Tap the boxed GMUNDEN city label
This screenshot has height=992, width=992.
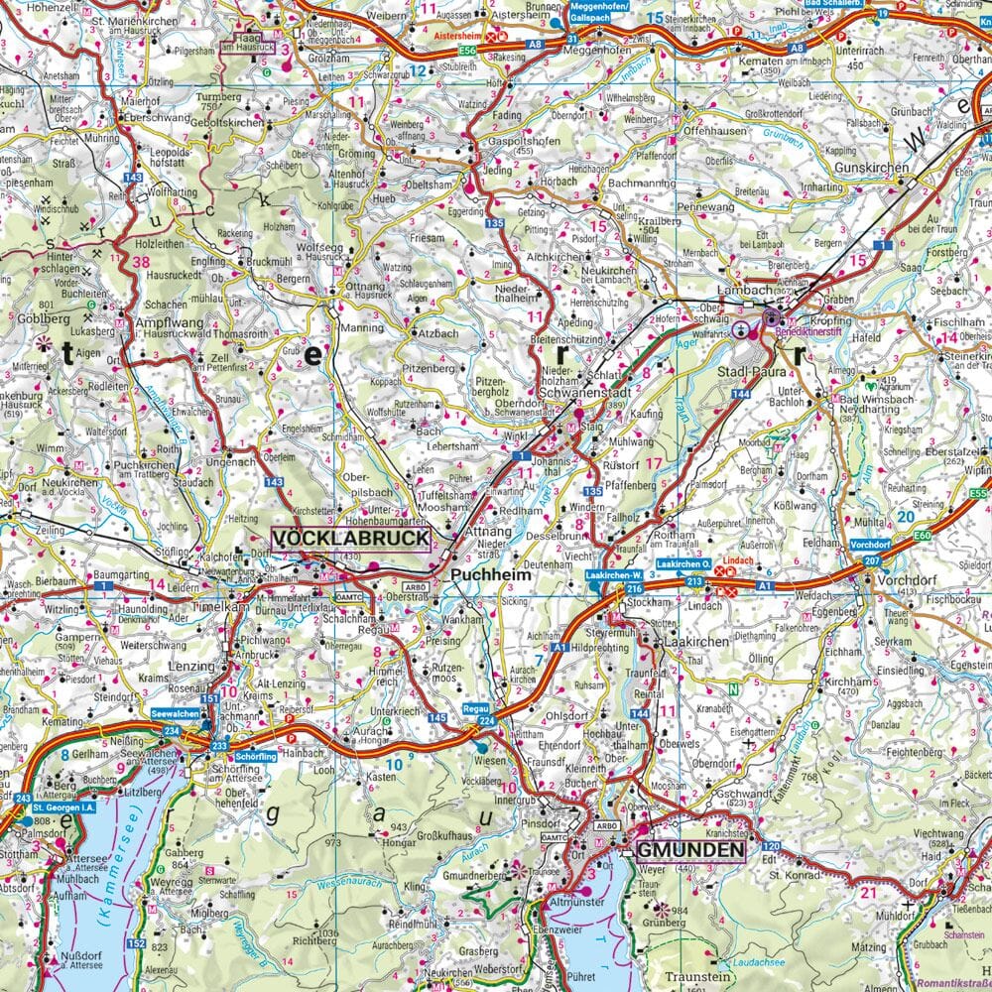pyautogui.click(x=691, y=850)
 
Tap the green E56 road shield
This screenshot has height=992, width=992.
pyautogui.click(x=441, y=47)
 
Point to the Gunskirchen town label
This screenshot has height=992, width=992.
pyautogui.click(x=871, y=169)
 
